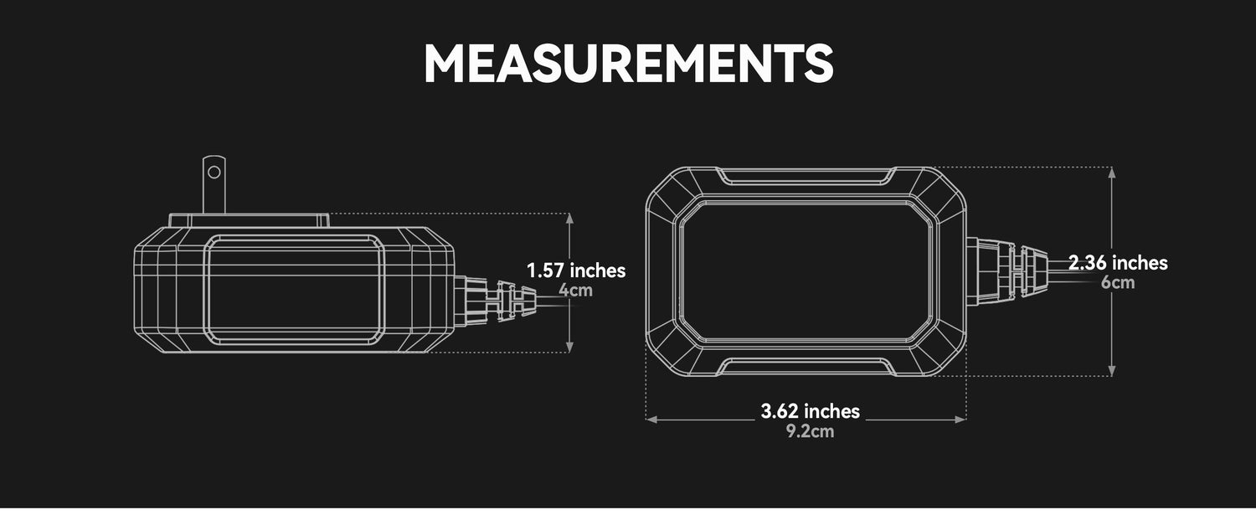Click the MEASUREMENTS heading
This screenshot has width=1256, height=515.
coord(629,64)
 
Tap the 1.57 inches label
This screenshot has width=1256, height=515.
coord(576,271)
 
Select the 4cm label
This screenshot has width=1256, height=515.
coord(575,291)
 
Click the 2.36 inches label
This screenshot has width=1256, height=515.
coord(1118,263)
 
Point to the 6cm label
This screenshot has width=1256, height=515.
coord(1118,283)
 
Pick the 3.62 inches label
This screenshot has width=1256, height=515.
coord(811,411)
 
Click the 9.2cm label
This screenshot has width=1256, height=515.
coord(810,431)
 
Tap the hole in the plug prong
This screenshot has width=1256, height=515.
coord(214,173)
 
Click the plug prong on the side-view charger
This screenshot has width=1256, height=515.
coord(214,184)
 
